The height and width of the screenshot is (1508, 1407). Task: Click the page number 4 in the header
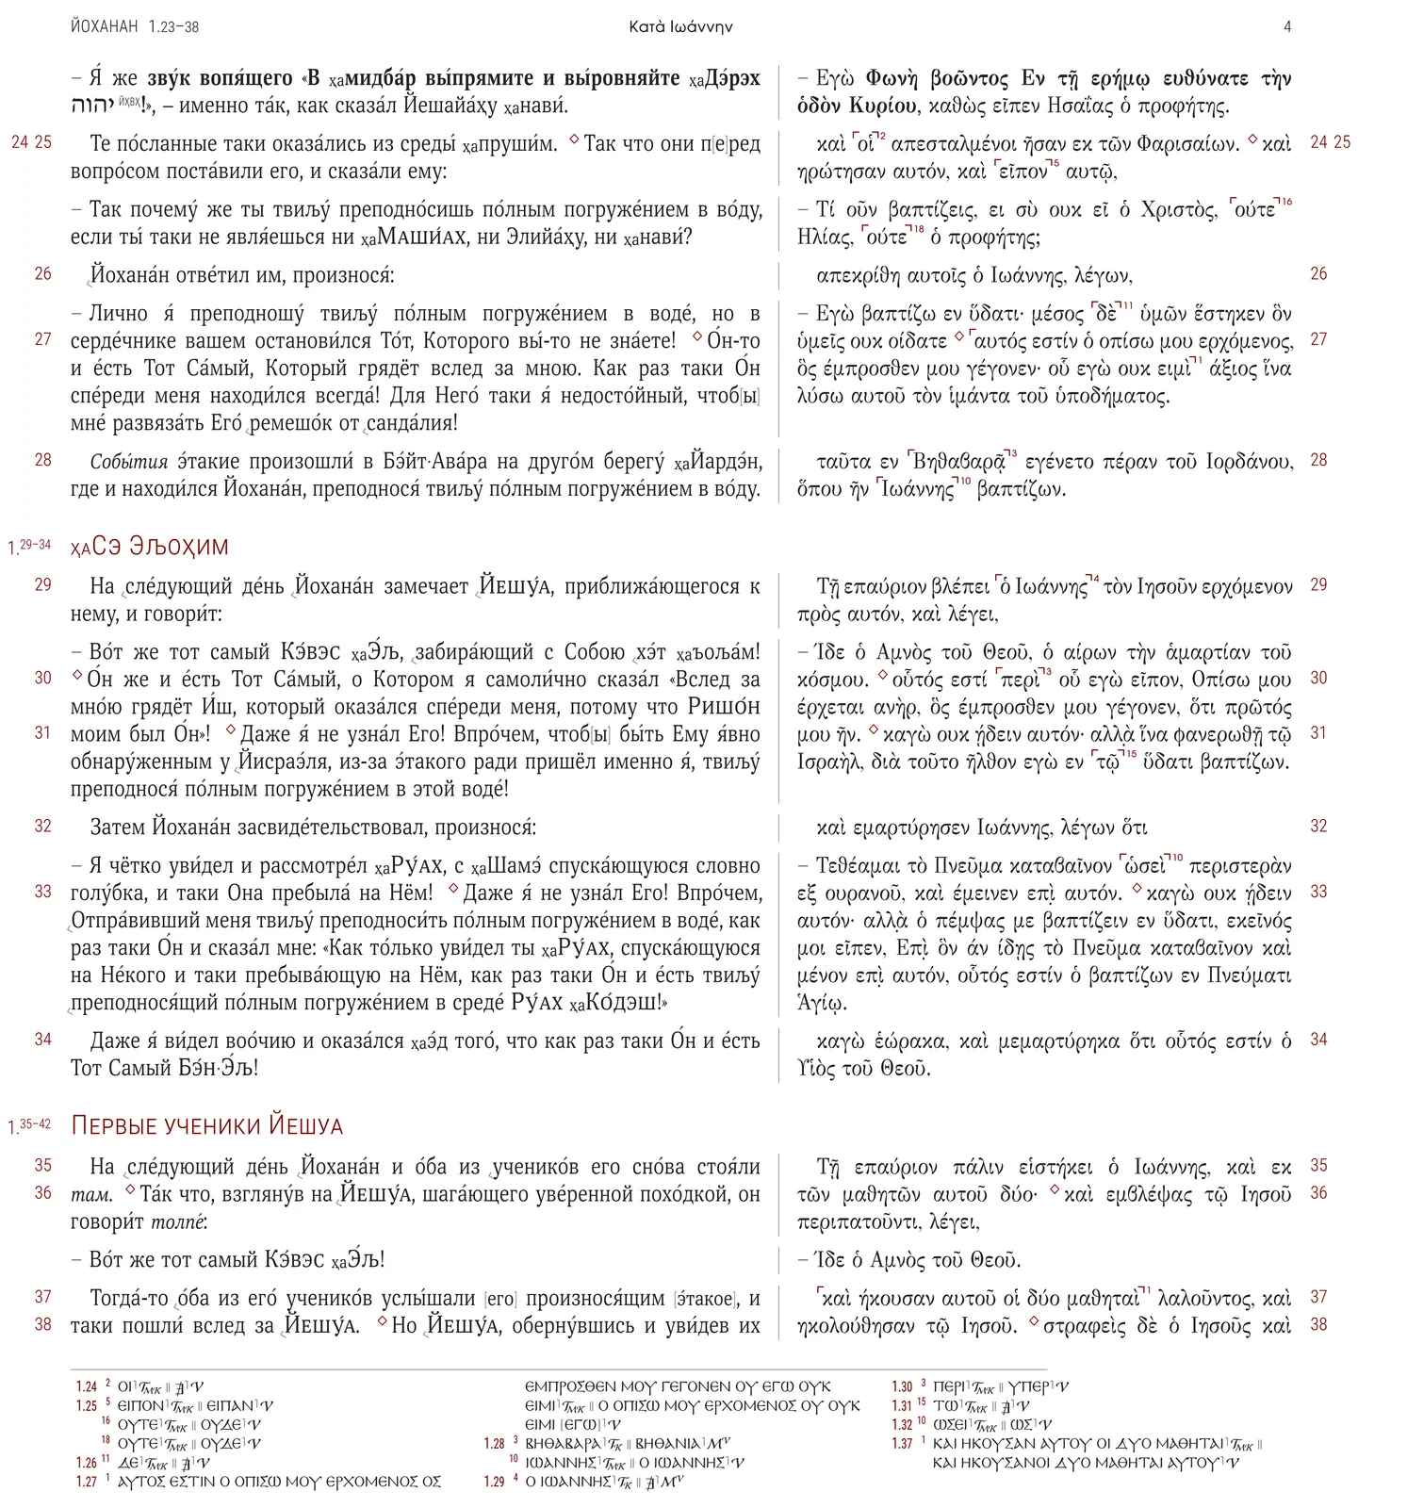[1287, 27]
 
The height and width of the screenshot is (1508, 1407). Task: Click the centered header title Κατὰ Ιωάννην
[680, 27]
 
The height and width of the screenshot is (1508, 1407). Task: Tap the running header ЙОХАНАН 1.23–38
[135, 27]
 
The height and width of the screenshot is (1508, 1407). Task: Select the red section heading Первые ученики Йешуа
[207, 1126]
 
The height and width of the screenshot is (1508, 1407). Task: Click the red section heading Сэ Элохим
[150, 547]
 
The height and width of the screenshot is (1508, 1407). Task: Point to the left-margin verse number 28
[43, 460]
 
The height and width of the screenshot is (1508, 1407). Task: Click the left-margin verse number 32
[43, 826]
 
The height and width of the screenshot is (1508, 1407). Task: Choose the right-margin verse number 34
[1318, 1040]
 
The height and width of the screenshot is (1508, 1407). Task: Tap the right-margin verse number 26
[1318, 274]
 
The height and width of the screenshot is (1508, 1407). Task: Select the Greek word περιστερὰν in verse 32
[1240, 866]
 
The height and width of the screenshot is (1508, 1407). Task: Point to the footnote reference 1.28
[495, 1443]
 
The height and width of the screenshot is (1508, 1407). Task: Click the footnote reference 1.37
[902, 1443]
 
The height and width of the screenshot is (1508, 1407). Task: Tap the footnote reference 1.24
[87, 1386]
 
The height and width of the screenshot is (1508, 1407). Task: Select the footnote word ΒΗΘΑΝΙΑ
[668, 1443]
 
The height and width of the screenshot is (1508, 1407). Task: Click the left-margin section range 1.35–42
[29, 1125]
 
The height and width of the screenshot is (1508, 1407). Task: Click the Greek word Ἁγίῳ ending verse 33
[822, 1003]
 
